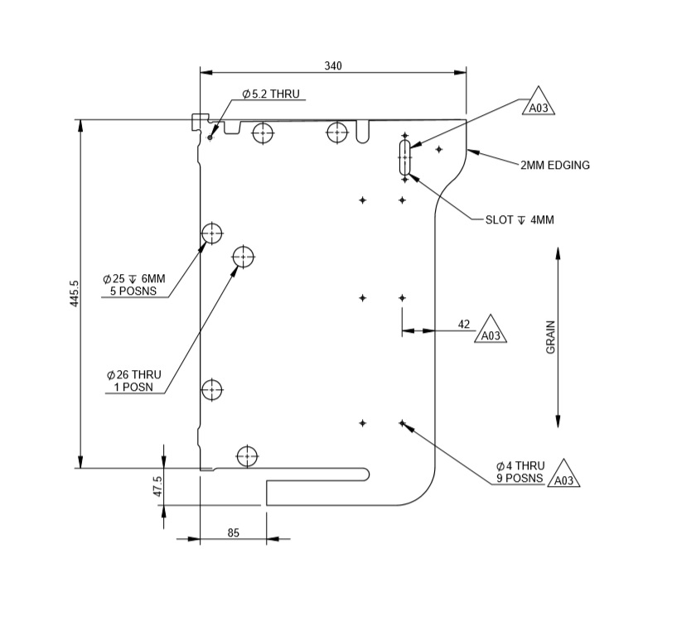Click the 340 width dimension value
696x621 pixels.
[333, 65]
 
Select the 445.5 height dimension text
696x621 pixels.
[74, 294]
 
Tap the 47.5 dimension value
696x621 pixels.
[157, 487]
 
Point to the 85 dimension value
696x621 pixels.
[233, 533]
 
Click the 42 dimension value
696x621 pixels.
[464, 324]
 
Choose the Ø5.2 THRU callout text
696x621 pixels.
[271, 95]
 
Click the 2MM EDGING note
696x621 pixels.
[555, 165]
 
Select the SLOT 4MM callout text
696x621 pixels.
[520, 220]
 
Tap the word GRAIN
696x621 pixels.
[551, 338]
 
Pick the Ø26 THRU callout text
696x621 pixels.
[133, 375]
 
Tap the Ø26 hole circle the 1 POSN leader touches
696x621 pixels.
[243, 257]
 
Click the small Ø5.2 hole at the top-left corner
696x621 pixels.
[210, 137]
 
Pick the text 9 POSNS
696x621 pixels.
[520, 479]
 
